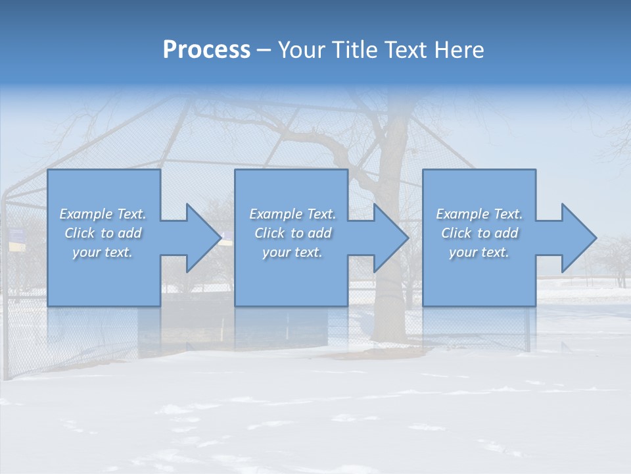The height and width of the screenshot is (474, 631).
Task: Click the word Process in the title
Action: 206,49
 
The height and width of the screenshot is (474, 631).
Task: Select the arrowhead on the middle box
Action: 388,238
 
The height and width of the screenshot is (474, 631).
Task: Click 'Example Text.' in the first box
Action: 103,214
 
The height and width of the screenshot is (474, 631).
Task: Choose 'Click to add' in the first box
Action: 103,233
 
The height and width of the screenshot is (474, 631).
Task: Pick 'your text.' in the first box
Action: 103,252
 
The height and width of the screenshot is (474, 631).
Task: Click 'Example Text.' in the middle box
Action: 292,214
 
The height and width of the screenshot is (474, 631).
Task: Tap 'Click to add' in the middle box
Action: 292,233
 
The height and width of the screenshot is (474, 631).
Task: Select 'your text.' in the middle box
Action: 292,252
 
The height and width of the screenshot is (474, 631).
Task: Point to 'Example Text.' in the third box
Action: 479,214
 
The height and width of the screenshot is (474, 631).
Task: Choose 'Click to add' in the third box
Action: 479,233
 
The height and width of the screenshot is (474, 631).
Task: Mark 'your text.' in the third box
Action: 479,252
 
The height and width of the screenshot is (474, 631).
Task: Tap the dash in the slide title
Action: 264,51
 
